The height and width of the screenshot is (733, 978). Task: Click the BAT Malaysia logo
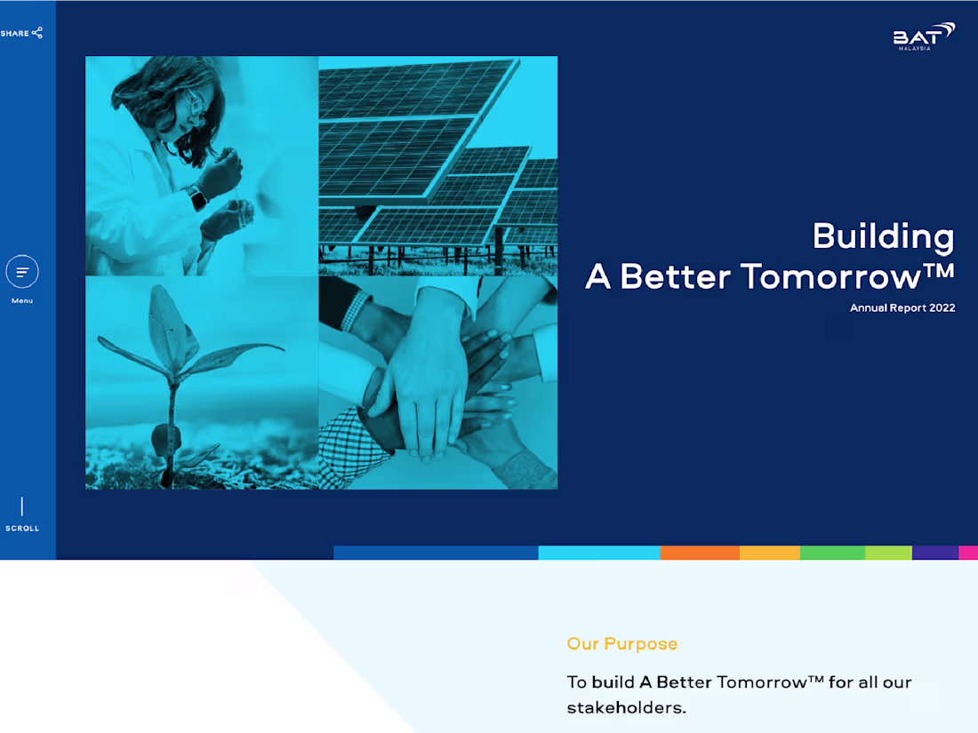(924, 36)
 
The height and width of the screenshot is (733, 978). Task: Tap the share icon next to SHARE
(37, 33)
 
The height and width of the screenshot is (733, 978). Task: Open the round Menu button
(22, 271)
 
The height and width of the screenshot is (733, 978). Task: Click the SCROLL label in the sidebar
(22, 529)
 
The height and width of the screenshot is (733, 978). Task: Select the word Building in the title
(883, 236)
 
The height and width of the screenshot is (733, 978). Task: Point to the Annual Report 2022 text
(902, 308)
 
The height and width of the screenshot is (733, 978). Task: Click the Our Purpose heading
(621, 644)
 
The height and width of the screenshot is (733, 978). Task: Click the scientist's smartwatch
(196, 197)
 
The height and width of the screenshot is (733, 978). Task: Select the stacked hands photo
(437, 382)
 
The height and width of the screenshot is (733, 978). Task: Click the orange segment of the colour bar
(700, 553)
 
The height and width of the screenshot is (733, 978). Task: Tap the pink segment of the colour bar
(967, 553)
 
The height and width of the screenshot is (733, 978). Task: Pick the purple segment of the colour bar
(934, 553)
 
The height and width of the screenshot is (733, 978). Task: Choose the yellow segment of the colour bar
(769, 553)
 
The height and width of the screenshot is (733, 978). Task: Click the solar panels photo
(437, 165)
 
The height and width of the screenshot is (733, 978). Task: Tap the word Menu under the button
(22, 301)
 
